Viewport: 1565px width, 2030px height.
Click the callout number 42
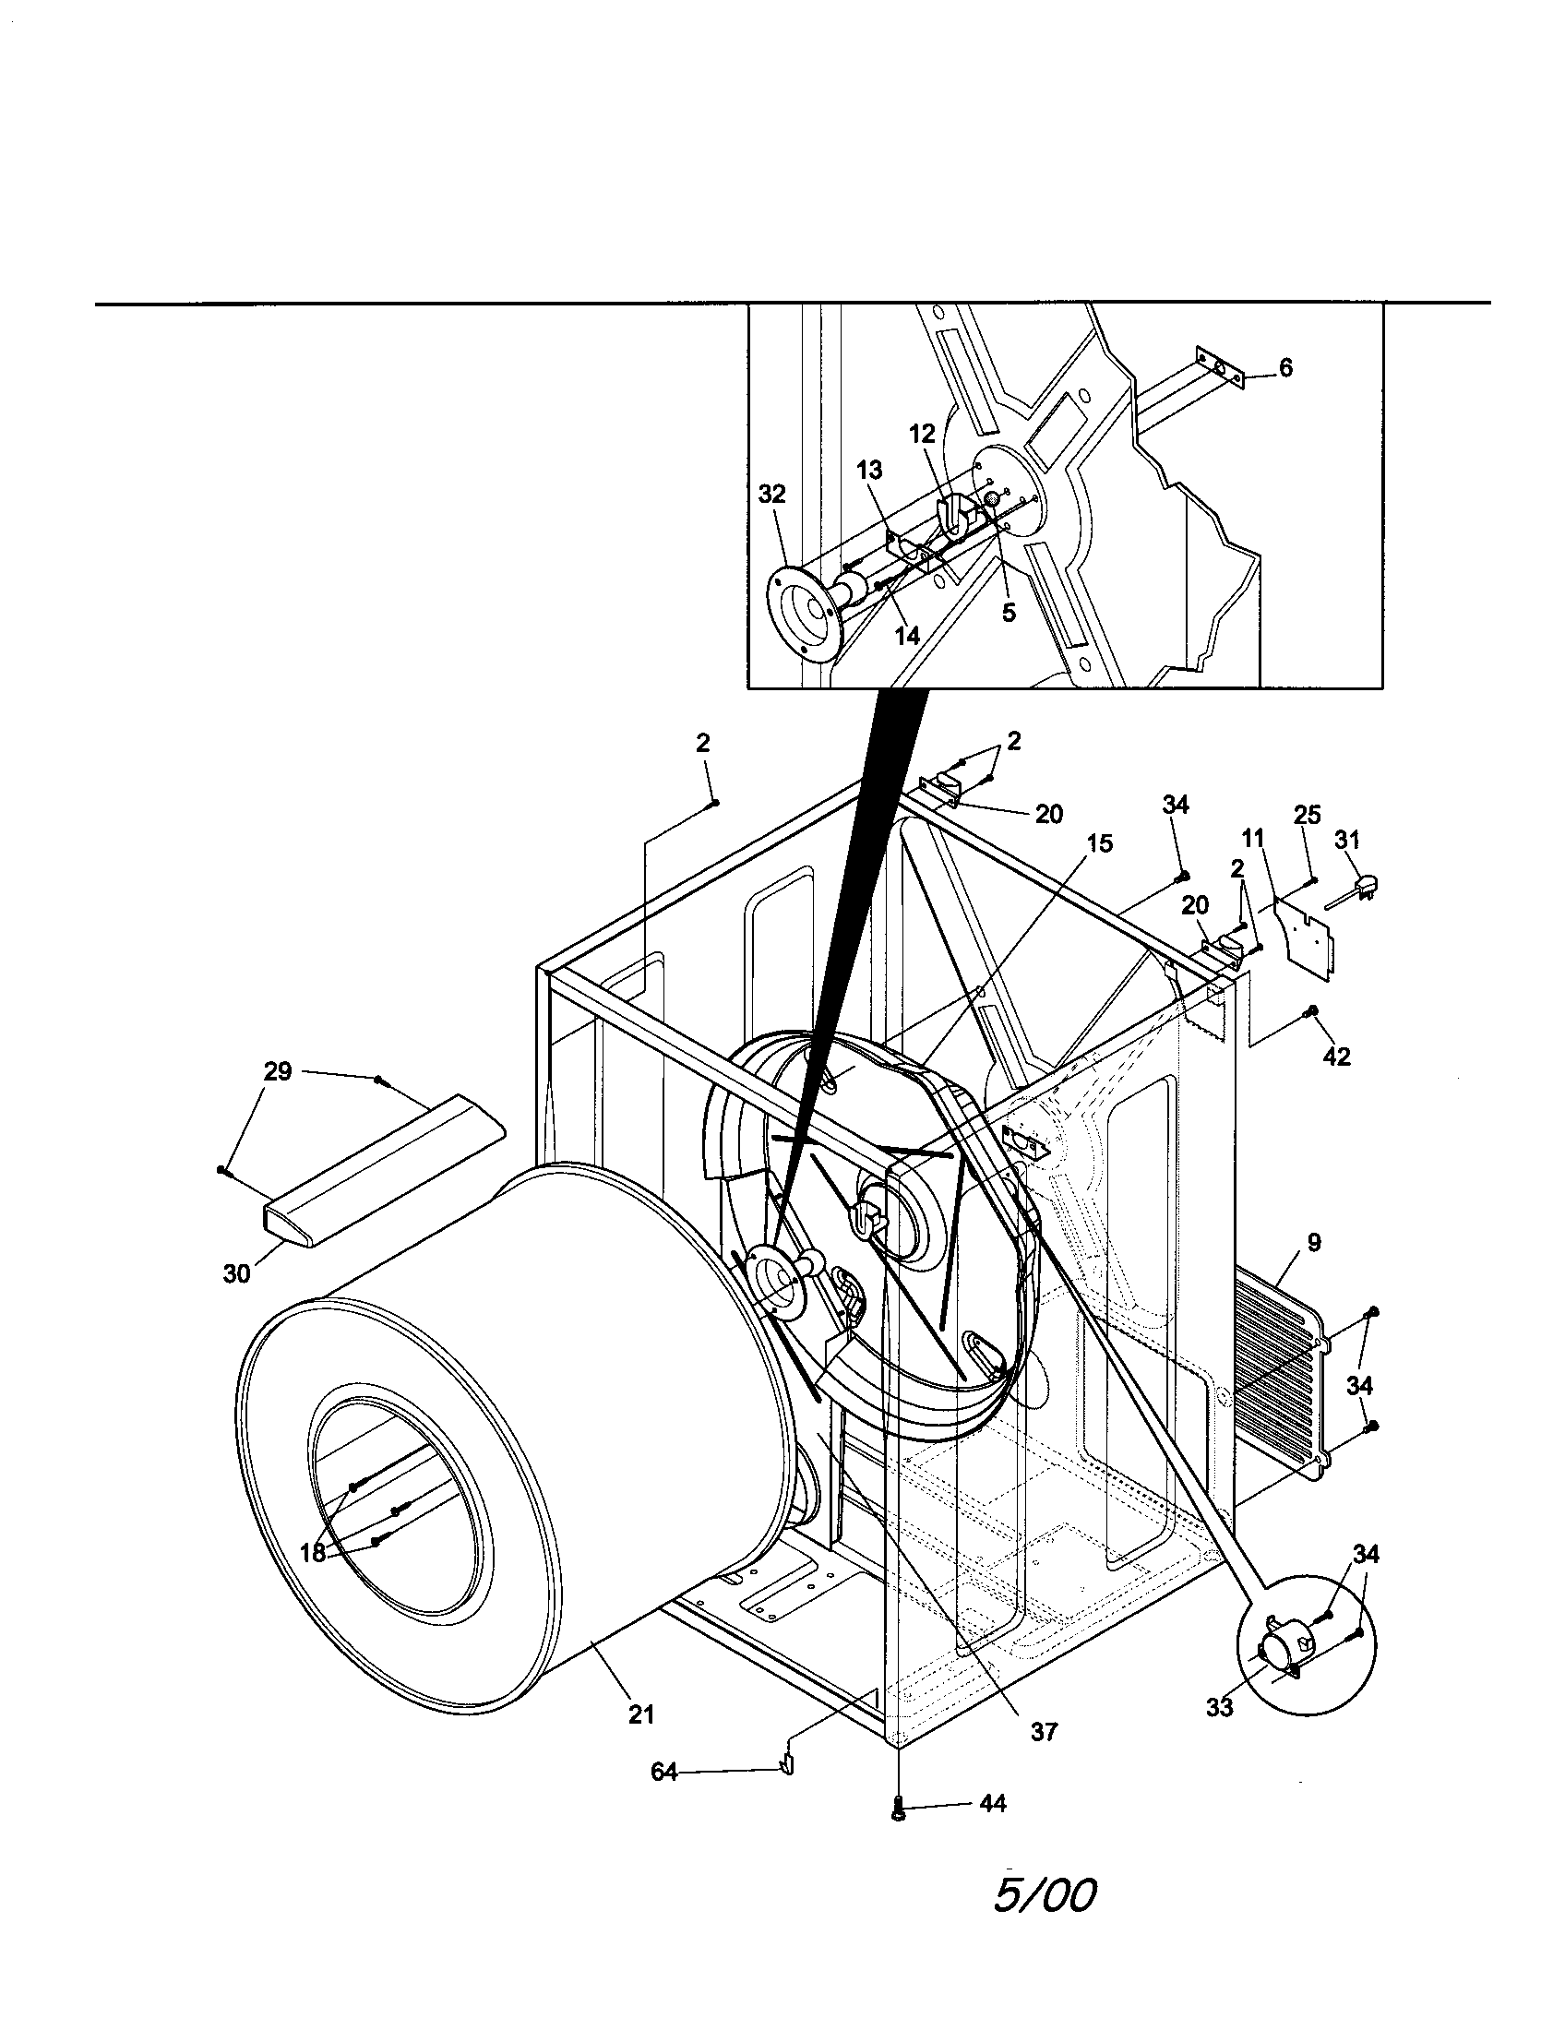point(1336,1056)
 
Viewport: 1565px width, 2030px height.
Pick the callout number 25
point(1307,815)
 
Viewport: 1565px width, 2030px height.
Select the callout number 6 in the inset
point(1285,367)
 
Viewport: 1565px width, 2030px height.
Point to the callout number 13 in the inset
point(869,470)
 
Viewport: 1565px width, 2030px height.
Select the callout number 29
point(278,1071)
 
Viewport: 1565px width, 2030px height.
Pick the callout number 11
point(1253,840)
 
